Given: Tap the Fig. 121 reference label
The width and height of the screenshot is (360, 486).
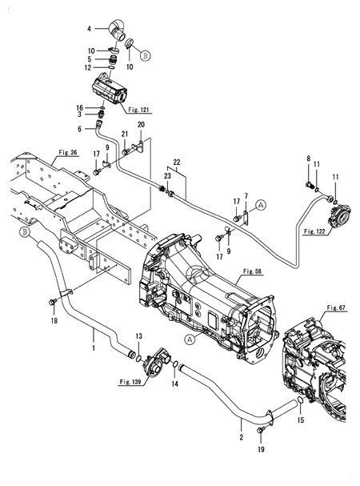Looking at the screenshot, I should tap(139, 109).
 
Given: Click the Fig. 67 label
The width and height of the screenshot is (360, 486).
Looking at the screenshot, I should tap(338, 307).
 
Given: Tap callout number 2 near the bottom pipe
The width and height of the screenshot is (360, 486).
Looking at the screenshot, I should tap(241, 437).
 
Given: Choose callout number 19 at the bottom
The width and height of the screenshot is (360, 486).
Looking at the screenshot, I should tap(261, 451).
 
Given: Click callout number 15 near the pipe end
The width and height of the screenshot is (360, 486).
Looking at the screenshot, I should tap(301, 419).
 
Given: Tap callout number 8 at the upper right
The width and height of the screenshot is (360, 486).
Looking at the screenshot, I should tap(308, 161).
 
